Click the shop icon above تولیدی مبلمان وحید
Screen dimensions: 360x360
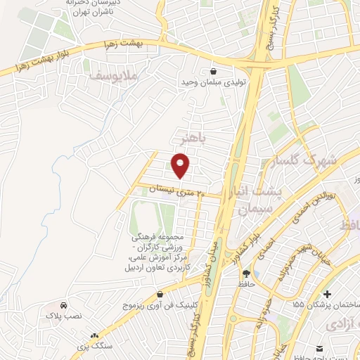click(214, 71)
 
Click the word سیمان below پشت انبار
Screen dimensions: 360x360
click(254, 209)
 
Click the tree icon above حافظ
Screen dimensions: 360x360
click(247, 274)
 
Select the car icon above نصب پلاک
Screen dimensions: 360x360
click(64, 306)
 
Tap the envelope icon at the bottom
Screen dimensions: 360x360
click(321, 349)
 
